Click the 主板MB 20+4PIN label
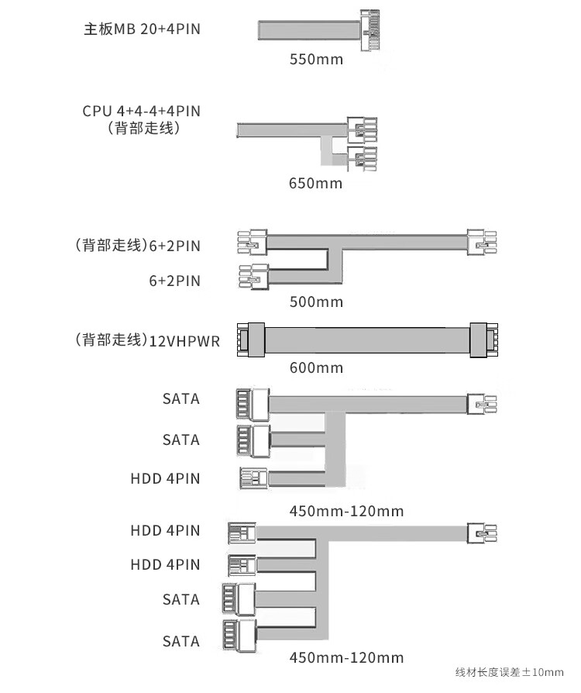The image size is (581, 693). (x=142, y=29)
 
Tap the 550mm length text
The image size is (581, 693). (x=316, y=59)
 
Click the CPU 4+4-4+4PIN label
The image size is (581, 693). (x=142, y=111)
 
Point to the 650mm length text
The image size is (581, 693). (x=315, y=183)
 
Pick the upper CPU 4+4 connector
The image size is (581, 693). (x=363, y=129)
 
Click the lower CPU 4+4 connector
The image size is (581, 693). (x=363, y=159)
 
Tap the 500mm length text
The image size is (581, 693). (x=316, y=302)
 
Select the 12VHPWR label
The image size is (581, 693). (x=184, y=342)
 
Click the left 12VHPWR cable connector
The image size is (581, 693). (x=251, y=340)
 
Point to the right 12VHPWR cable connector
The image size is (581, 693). (x=484, y=340)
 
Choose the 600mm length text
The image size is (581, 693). (x=316, y=367)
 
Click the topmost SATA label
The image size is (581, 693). (x=181, y=399)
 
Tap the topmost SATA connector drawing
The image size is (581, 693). (x=253, y=404)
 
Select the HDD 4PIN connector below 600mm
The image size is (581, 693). (x=253, y=478)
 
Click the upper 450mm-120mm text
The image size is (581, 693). (x=346, y=512)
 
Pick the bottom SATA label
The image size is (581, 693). (x=181, y=641)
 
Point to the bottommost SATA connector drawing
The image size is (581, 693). (x=239, y=635)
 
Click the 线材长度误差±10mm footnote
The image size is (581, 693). (x=510, y=673)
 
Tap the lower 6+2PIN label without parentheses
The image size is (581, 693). (x=174, y=281)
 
